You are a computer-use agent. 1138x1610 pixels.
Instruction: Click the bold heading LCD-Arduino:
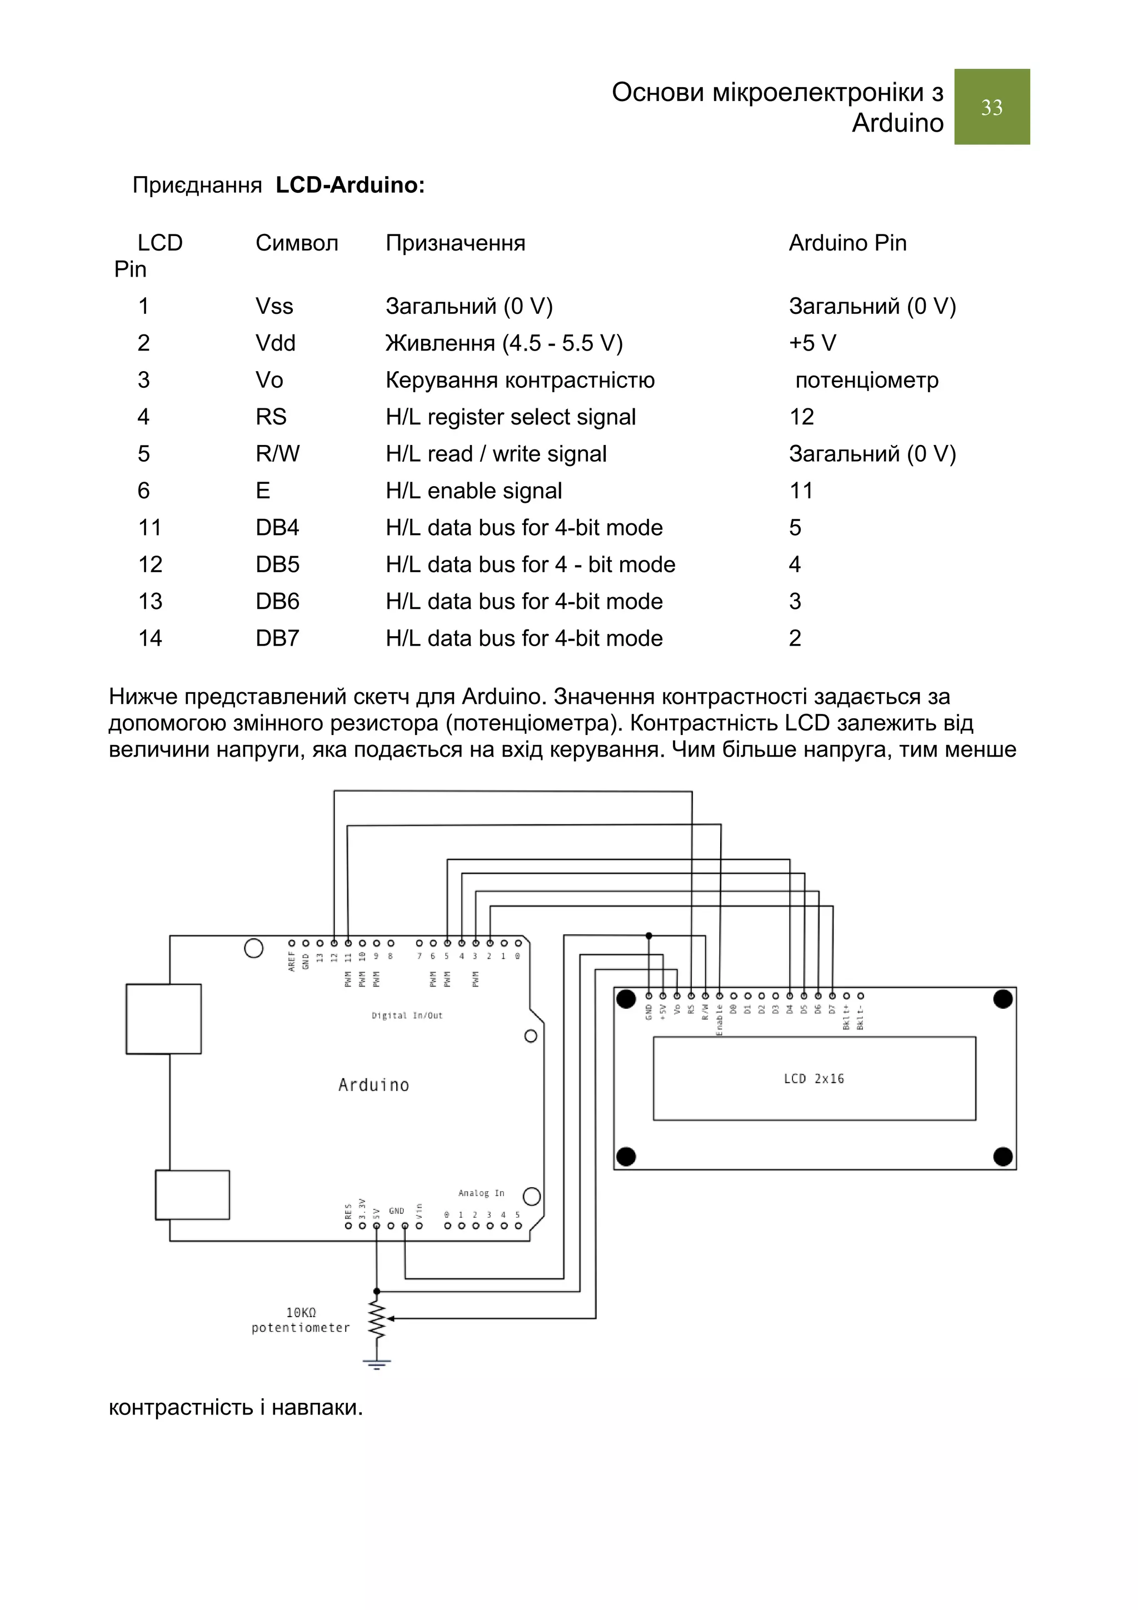(350, 185)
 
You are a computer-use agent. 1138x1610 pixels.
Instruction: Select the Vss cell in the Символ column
(274, 307)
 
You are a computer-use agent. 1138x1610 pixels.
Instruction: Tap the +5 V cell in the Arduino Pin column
(812, 343)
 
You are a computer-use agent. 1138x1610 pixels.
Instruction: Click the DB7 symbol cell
(277, 638)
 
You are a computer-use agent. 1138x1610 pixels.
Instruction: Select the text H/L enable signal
(473, 491)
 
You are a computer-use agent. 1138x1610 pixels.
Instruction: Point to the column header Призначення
(455, 243)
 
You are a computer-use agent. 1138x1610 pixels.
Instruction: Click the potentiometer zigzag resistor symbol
(377, 1319)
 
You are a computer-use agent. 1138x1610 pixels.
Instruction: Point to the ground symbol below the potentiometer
(377, 1364)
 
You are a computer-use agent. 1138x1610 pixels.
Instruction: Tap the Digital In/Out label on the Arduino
(407, 1016)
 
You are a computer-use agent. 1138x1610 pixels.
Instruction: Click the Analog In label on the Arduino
(481, 1193)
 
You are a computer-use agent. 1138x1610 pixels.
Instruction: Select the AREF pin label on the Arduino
(292, 961)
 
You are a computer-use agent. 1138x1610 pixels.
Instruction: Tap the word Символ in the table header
(297, 243)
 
